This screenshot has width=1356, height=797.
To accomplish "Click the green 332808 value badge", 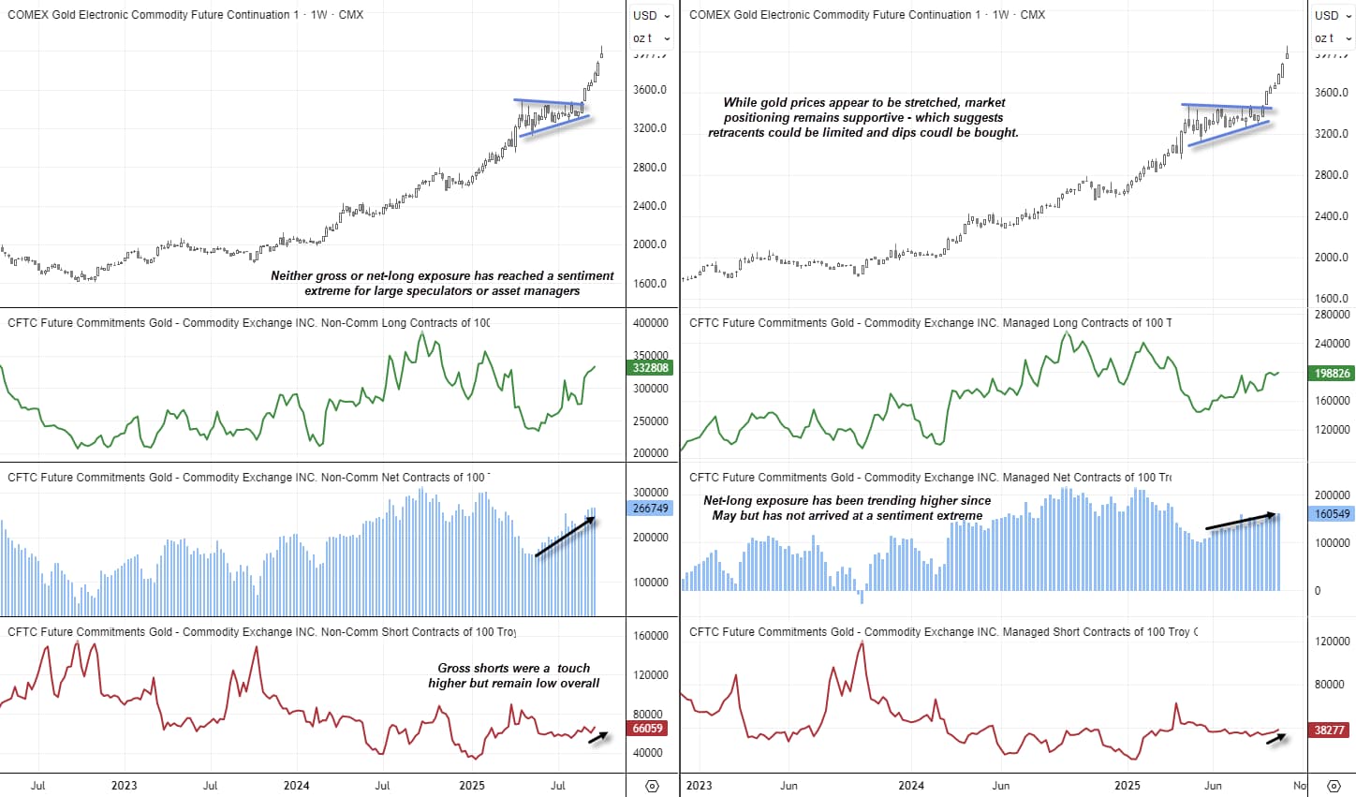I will (x=651, y=368).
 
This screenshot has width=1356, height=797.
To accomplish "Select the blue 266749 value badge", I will (x=651, y=509).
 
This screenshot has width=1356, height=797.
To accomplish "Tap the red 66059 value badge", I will (x=648, y=729).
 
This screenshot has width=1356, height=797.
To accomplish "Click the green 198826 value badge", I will (x=1332, y=374).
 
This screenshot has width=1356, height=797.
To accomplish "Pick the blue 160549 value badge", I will (x=1332, y=514).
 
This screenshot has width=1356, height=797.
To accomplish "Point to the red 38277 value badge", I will (x=1329, y=731).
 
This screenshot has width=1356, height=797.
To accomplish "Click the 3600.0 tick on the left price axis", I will (x=650, y=90).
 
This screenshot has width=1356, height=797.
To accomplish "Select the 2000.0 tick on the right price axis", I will (x=1332, y=258).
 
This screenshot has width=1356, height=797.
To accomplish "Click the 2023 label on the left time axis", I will (x=124, y=786).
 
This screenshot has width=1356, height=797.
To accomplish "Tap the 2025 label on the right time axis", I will (x=1128, y=786).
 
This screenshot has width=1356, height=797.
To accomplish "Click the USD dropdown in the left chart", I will (x=651, y=15).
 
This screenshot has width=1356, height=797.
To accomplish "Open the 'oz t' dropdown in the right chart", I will (x=1332, y=38).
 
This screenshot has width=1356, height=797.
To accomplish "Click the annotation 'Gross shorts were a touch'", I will (x=513, y=669).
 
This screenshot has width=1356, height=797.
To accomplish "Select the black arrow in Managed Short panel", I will (x=1276, y=738).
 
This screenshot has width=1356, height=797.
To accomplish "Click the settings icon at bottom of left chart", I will (x=653, y=786).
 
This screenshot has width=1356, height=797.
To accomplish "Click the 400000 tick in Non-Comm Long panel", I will (x=651, y=323).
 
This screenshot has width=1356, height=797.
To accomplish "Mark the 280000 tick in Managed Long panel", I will (x=1332, y=315).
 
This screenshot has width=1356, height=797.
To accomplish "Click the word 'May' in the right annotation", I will (x=724, y=516).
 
